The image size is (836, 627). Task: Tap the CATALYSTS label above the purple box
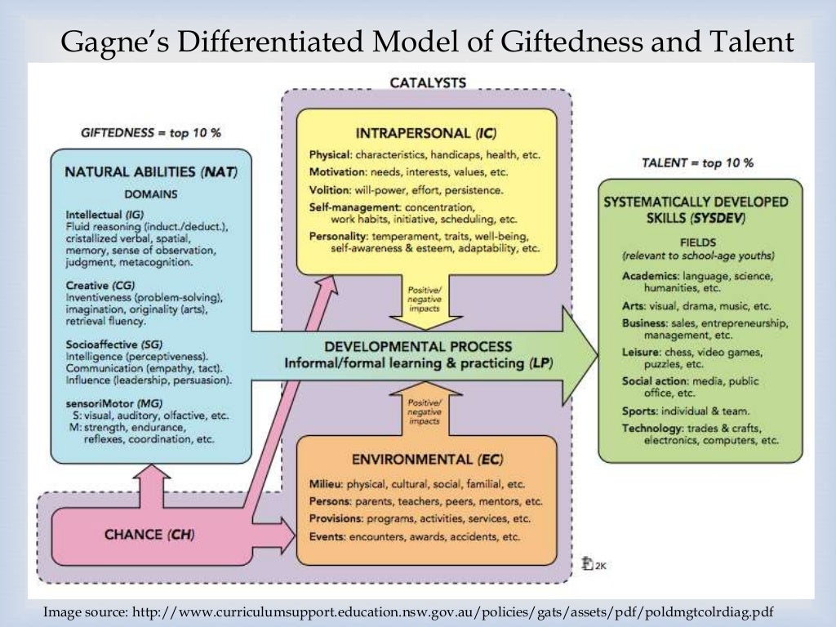427,82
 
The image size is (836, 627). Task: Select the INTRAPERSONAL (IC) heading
425,132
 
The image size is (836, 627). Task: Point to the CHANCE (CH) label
149,536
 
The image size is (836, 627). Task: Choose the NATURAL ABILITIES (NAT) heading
150,172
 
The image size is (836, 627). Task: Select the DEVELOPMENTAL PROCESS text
417,347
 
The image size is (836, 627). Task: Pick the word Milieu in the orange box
326,483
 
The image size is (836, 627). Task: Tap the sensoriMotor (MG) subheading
114,403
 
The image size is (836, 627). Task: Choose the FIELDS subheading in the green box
699,242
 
